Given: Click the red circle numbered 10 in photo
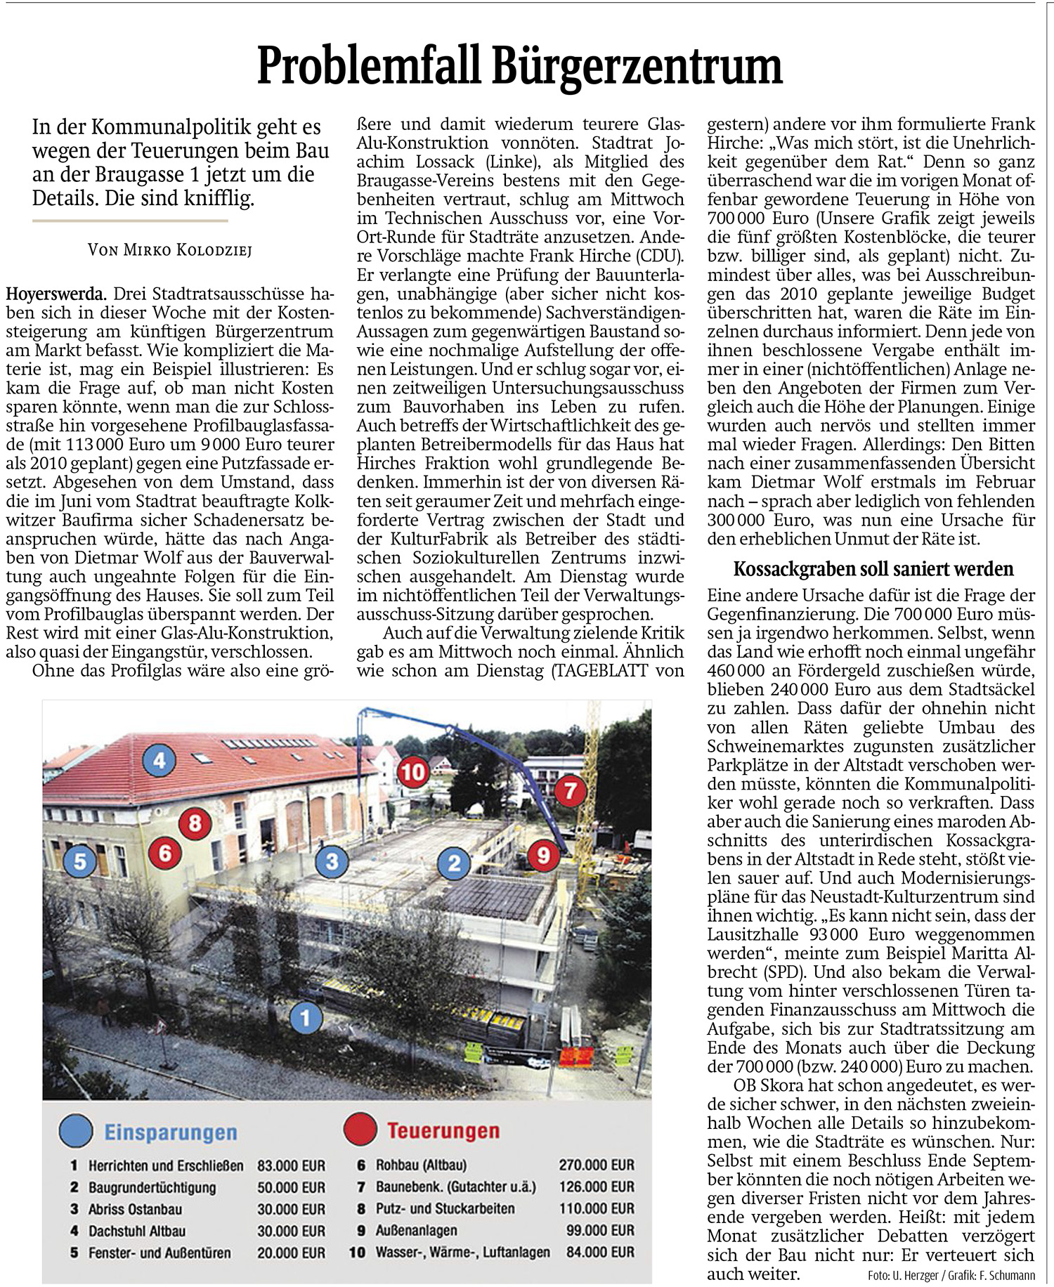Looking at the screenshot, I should (x=413, y=772).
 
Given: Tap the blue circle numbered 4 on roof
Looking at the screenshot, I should (x=160, y=760).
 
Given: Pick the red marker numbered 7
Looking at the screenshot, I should (x=570, y=791).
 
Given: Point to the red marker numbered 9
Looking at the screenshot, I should (x=542, y=854).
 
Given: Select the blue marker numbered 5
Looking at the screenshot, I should (x=80, y=861).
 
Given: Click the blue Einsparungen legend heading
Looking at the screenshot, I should (x=171, y=1132).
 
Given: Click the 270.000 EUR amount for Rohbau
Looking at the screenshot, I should (x=596, y=1165).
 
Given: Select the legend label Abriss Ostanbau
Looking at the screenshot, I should (x=135, y=1209).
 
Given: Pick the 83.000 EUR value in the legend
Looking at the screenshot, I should (x=291, y=1166).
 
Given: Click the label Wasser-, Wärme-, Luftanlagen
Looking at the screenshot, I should (x=462, y=1252).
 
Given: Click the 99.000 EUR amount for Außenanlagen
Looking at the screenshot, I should (x=599, y=1230).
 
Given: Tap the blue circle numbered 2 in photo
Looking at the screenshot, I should (x=454, y=862).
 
